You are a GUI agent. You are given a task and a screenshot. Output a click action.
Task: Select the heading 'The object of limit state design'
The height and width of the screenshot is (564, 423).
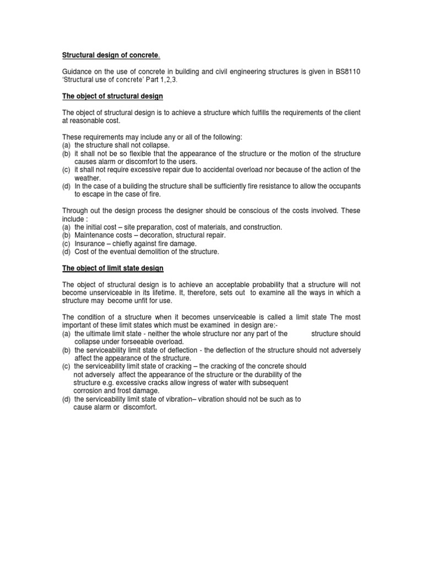(x=112, y=268)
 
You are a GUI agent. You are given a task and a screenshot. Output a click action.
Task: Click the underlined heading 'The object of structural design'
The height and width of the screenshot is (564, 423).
(x=112, y=96)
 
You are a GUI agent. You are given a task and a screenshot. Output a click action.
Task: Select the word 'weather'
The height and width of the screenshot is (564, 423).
(x=88, y=178)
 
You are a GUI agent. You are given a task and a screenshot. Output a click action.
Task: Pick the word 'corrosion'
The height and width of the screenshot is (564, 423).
(x=90, y=391)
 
